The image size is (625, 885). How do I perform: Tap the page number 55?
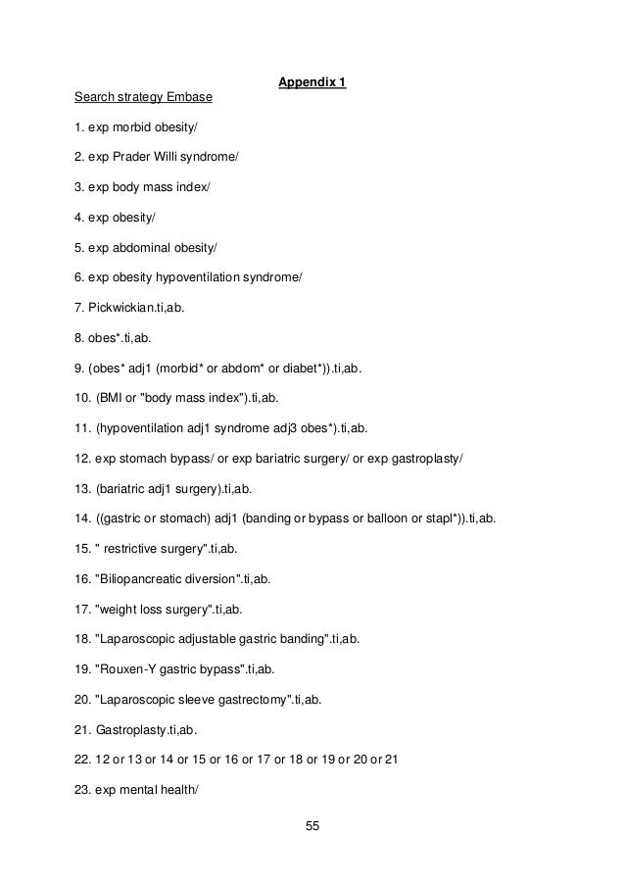312,826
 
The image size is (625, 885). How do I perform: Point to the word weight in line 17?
118,611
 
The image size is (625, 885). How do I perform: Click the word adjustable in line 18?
208,641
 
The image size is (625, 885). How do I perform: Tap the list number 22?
82,762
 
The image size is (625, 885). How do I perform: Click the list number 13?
82,490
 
